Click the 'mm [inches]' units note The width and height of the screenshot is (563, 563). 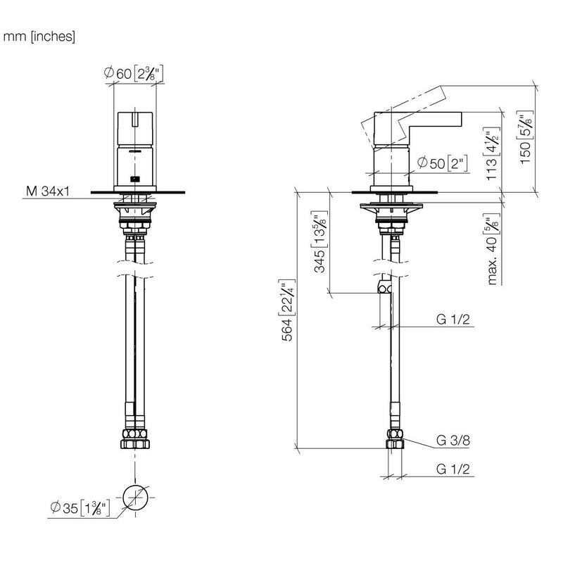[x=39, y=37]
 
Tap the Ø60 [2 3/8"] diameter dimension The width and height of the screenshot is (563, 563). [x=134, y=73]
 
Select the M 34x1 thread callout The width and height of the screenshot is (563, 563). [x=48, y=191]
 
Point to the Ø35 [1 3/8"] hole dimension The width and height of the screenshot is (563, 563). [x=80, y=507]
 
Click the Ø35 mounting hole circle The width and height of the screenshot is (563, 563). [x=135, y=498]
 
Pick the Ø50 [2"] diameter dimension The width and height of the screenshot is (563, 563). [x=443, y=163]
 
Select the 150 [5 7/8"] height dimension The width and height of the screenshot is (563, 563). [x=526, y=137]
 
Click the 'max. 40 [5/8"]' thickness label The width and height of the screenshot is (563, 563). [x=493, y=249]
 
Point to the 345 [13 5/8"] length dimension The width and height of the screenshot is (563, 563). [x=320, y=242]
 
